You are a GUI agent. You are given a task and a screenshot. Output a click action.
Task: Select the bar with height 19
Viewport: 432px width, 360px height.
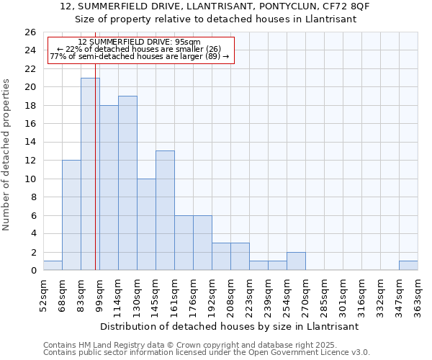[x=127, y=183]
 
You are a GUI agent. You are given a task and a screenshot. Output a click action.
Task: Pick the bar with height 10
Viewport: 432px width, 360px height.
[x=146, y=225]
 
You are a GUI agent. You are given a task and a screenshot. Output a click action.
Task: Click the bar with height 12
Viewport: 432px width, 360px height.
[x=71, y=215]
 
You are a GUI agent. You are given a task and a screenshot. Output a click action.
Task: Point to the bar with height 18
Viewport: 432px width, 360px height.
[x=109, y=188]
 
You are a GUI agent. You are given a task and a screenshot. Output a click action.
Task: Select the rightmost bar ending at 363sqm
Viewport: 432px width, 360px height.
[x=408, y=266]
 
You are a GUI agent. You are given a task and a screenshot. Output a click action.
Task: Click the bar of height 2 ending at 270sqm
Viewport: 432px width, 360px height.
[x=296, y=261]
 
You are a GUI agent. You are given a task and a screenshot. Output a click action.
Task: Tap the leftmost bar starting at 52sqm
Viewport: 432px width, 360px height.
[x=53, y=266]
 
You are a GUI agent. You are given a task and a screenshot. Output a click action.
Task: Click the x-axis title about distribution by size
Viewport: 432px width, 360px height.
[x=229, y=326]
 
